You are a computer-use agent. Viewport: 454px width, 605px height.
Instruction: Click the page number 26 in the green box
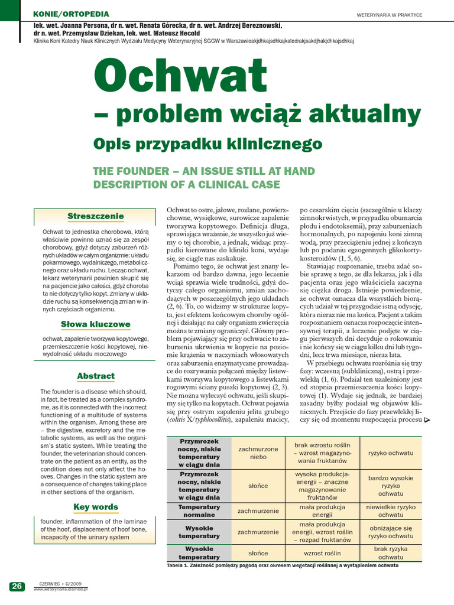pyautogui.click(x=17, y=586)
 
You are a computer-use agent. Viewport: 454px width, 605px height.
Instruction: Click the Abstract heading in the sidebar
pyautogui.click(x=95, y=376)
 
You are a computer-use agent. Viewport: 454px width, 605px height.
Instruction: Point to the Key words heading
pyautogui.click(x=95, y=506)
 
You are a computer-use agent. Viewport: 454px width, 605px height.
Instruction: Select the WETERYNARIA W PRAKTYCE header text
pyautogui.click(x=390, y=15)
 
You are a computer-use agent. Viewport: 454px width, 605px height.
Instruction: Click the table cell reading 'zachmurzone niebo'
pyautogui.click(x=258, y=453)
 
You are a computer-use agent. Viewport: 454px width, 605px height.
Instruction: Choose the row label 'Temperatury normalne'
pyautogui.click(x=199, y=510)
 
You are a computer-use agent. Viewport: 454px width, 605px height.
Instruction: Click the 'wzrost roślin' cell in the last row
pyautogui.click(x=323, y=553)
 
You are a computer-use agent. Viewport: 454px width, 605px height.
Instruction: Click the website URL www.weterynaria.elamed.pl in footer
pyautogui.click(x=60, y=589)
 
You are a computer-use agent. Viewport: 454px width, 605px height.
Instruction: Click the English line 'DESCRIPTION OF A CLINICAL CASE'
pyautogui.click(x=186, y=184)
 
